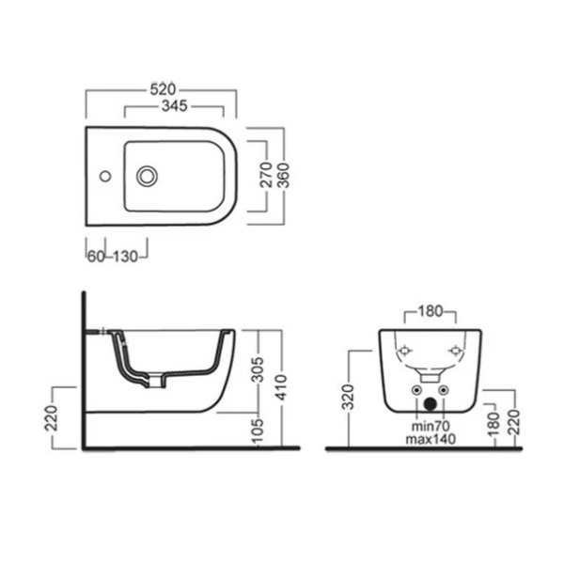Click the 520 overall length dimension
tap(163, 89)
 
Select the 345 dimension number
tap(175, 105)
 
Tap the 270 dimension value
tap(267, 175)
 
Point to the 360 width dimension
tap(284, 176)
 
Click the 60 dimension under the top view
tap(96, 257)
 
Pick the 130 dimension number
tap(126, 257)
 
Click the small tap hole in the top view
tap(105, 177)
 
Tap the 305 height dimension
tap(258, 369)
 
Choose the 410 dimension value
tap(282, 387)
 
